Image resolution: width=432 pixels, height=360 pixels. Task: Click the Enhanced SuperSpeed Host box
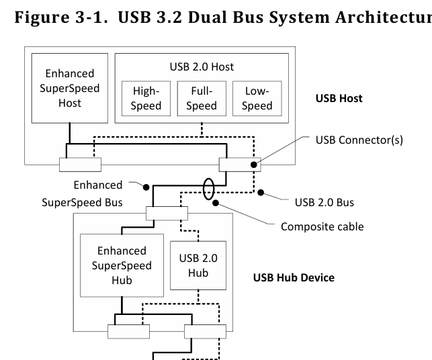[71, 87]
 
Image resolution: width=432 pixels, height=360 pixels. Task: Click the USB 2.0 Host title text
[202, 67]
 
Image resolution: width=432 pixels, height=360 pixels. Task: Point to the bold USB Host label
[339, 98]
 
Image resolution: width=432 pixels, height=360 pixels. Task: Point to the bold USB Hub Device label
[294, 277]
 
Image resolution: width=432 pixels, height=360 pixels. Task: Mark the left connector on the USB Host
[80, 165]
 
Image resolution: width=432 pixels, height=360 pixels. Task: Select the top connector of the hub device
[166, 214]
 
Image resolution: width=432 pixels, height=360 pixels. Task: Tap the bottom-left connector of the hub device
[128, 331]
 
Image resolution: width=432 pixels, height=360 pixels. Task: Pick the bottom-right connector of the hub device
[205, 331]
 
